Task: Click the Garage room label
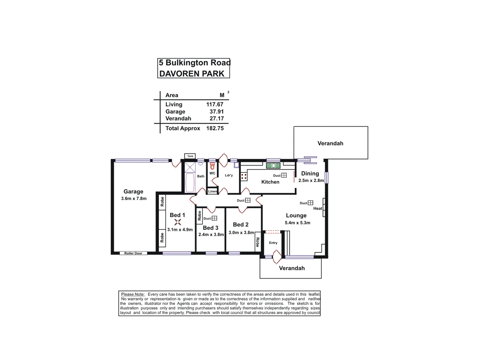point(133,191)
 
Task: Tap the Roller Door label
point(133,253)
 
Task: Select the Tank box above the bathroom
point(190,156)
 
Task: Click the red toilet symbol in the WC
point(212,166)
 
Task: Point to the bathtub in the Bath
point(190,182)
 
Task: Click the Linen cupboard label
point(212,191)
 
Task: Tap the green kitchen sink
point(273,166)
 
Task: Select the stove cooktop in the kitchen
point(244,177)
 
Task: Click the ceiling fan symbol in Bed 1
point(178,222)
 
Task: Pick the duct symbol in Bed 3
point(214,218)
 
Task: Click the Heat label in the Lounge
point(317,208)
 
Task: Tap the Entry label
point(273,243)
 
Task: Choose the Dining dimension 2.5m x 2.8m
point(311,181)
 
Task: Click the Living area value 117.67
point(215,104)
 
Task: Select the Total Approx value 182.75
point(215,128)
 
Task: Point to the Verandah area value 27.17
point(217,118)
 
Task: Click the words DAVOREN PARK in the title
point(192,74)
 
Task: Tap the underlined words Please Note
point(133,294)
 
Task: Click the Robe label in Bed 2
point(258,242)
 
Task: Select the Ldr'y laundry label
point(229,175)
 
